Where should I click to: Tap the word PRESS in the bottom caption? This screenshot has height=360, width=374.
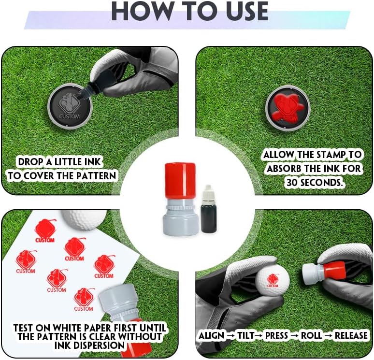coord(276,335)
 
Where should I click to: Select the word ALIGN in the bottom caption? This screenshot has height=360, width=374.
coord(212,335)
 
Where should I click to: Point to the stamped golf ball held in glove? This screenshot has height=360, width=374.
coord(272,281)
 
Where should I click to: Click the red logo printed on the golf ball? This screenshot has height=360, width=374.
coord(273,280)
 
